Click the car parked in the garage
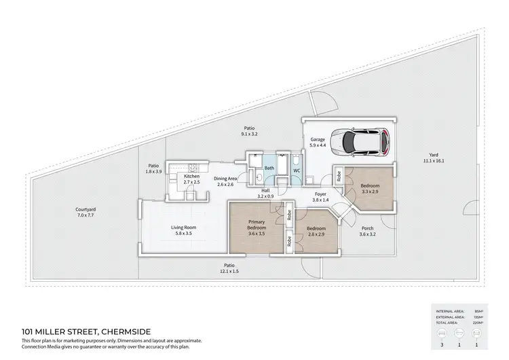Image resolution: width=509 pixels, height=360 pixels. tap(366, 141)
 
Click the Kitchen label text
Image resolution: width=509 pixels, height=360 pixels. tap(192, 177)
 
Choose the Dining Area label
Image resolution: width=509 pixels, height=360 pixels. tap(225, 179)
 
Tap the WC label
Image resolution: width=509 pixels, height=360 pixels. tap(297, 168)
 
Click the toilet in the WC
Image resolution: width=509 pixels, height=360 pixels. tap(297, 179)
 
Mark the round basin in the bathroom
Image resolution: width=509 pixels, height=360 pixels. tap(259, 179)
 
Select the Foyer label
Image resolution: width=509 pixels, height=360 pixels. tap(320, 194)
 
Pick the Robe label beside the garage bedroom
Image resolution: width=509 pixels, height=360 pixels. tap(339, 177)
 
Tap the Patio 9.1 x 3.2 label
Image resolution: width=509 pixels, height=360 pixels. tap(250, 134)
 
